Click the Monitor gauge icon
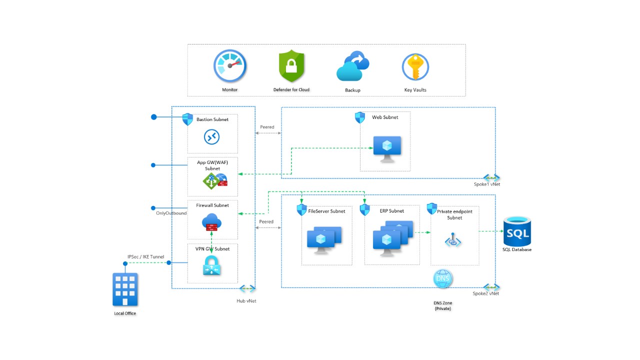(x=230, y=66)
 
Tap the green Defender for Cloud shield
(x=291, y=66)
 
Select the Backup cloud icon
(x=352, y=66)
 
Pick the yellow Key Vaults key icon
(x=415, y=66)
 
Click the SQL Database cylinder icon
(x=517, y=231)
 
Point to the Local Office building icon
(x=125, y=289)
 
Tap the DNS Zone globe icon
(x=442, y=278)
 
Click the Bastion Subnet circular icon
(x=212, y=137)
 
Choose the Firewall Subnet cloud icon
(x=212, y=221)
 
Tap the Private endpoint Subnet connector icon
(x=453, y=241)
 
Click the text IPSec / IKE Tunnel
(x=145, y=257)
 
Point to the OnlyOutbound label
(x=171, y=213)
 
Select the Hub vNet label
(x=246, y=301)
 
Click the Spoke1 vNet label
(x=486, y=184)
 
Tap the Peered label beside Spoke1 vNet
(x=267, y=127)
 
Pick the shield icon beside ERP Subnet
(x=364, y=209)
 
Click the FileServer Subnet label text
(x=326, y=211)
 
